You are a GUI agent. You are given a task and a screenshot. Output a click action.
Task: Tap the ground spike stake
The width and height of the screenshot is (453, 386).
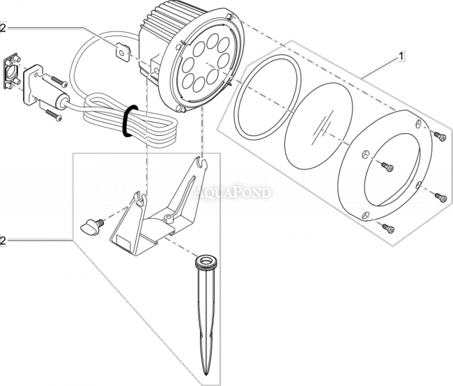tap(208, 314)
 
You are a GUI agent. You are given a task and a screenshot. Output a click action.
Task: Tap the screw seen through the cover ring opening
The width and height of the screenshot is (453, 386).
tap(388, 166)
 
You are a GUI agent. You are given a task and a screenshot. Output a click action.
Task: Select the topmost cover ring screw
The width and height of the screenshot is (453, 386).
tap(438, 137)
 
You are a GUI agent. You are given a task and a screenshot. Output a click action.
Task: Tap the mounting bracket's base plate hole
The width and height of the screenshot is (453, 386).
tap(169, 219)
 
